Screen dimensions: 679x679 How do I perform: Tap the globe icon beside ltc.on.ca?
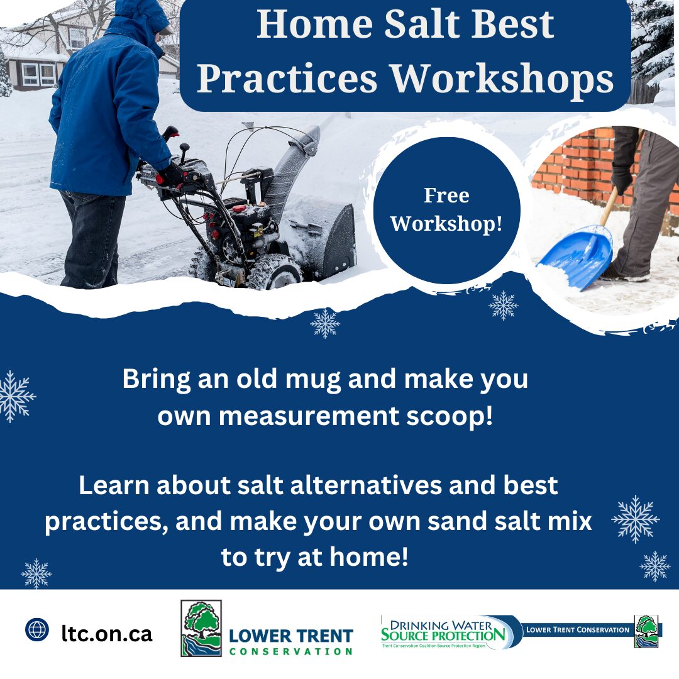[37, 629]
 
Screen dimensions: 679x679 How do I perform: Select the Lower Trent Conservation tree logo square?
[201, 628]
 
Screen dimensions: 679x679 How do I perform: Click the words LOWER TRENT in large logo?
[291, 636]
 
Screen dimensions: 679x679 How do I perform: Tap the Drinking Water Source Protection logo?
[444, 631]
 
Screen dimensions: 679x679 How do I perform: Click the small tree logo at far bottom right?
[647, 631]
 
